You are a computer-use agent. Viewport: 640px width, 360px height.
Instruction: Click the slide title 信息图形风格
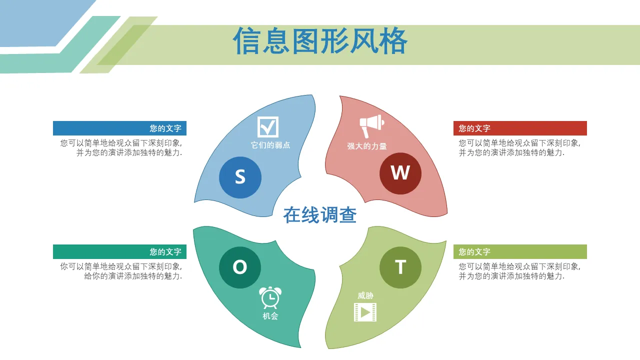click(320, 41)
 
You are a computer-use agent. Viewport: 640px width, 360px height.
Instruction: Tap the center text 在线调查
click(320, 215)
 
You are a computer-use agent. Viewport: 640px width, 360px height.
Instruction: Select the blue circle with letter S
click(240, 177)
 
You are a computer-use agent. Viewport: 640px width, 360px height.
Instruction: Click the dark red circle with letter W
click(400, 173)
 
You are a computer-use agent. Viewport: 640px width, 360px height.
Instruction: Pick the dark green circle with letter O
click(240, 267)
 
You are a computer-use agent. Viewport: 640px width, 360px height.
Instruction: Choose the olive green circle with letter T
click(400, 267)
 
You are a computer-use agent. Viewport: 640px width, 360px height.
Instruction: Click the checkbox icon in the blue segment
click(267, 127)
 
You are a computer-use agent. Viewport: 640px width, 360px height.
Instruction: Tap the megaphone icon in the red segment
click(371, 126)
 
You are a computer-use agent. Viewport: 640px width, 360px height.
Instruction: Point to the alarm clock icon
click(270, 297)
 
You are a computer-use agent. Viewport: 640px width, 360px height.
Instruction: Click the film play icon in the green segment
click(365, 312)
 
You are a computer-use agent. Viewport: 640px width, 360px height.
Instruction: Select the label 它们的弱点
click(270, 145)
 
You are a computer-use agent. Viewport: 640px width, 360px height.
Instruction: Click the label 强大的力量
click(367, 146)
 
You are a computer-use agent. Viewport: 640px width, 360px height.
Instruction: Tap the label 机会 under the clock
click(270, 316)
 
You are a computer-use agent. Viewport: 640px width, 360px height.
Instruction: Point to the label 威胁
click(365, 295)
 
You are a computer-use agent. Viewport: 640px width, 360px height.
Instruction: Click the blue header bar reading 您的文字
click(119, 128)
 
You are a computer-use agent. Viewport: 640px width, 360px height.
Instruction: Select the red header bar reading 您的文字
click(520, 128)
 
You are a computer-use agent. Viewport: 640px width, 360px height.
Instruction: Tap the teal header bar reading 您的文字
click(119, 251)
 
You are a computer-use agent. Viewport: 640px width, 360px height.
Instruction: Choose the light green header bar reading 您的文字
click(520, 251)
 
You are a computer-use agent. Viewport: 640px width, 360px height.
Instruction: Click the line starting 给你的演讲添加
click(133, 276)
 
